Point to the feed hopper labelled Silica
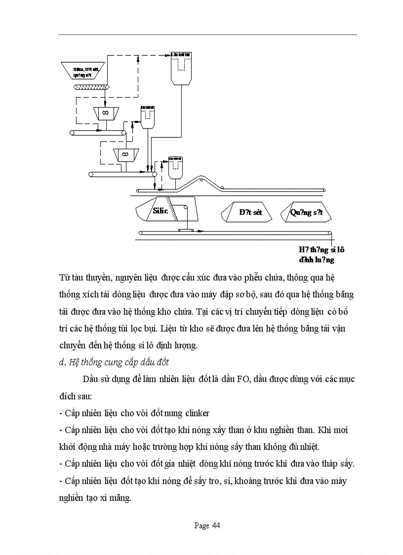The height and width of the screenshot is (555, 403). (83, 72)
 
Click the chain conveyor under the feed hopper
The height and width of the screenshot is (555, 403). (91, 87)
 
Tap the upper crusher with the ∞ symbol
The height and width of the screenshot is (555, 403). (105, 113)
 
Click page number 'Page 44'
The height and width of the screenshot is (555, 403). (207, 525)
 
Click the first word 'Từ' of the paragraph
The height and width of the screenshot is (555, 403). (64, 276)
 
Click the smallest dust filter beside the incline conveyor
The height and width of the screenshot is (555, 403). (175, 168)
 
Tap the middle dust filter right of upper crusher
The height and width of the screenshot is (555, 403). (147, 117)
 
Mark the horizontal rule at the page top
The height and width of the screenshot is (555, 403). (207, 35)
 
